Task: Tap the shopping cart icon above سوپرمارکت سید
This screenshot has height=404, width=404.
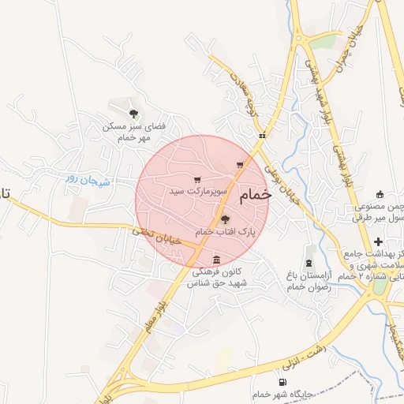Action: point(196,180)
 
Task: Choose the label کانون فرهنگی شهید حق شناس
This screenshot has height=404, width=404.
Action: point(214,277)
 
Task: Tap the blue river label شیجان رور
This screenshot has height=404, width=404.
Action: point(84,180)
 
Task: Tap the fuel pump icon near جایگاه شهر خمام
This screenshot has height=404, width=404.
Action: point(282,383)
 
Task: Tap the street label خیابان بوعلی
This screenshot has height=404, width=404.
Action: point(282,185)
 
